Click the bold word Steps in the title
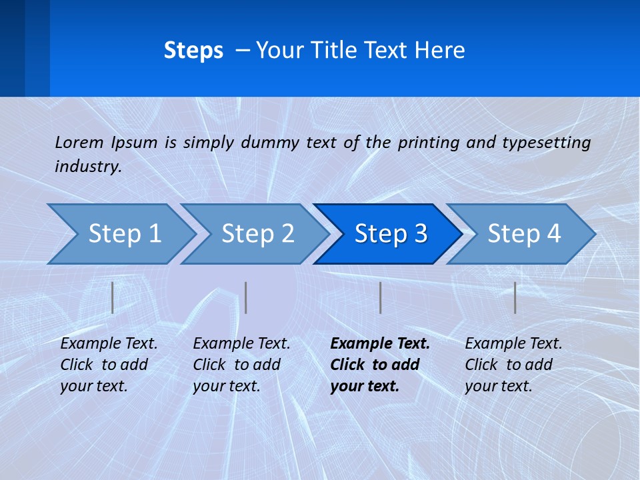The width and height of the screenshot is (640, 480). coord(193,51)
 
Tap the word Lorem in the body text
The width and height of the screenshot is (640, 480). coord(79,142)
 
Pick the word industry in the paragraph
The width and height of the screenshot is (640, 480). coord(87,167)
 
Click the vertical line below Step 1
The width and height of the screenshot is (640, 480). coord(113,297)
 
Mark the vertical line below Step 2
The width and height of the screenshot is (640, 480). coord(246,297)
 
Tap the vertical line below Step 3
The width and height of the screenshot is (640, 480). coord(380,297)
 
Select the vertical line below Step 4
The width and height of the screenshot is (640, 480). coord(515,297)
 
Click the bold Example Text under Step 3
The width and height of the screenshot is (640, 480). coord(380,344)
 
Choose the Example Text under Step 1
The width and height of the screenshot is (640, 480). coord(109,344)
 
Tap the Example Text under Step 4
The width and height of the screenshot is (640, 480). coord(513,344)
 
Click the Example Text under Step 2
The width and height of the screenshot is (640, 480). coord(241,344)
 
